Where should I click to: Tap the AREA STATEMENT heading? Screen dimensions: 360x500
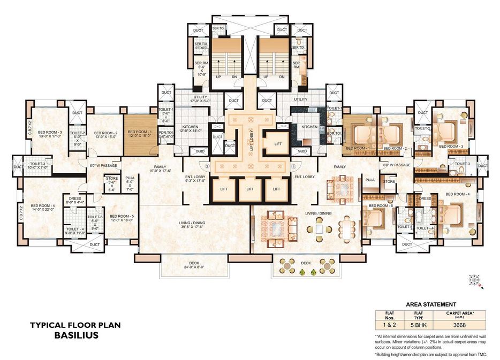point(431,304)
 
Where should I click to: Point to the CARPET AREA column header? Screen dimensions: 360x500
point(461,315)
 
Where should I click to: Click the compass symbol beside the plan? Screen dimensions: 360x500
point(474,279)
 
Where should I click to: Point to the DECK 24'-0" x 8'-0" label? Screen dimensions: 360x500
point(194,264)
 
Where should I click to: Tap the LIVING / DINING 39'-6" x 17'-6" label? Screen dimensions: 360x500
point(194,224)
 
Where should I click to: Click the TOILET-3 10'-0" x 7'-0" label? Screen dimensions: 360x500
point(39,165)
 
